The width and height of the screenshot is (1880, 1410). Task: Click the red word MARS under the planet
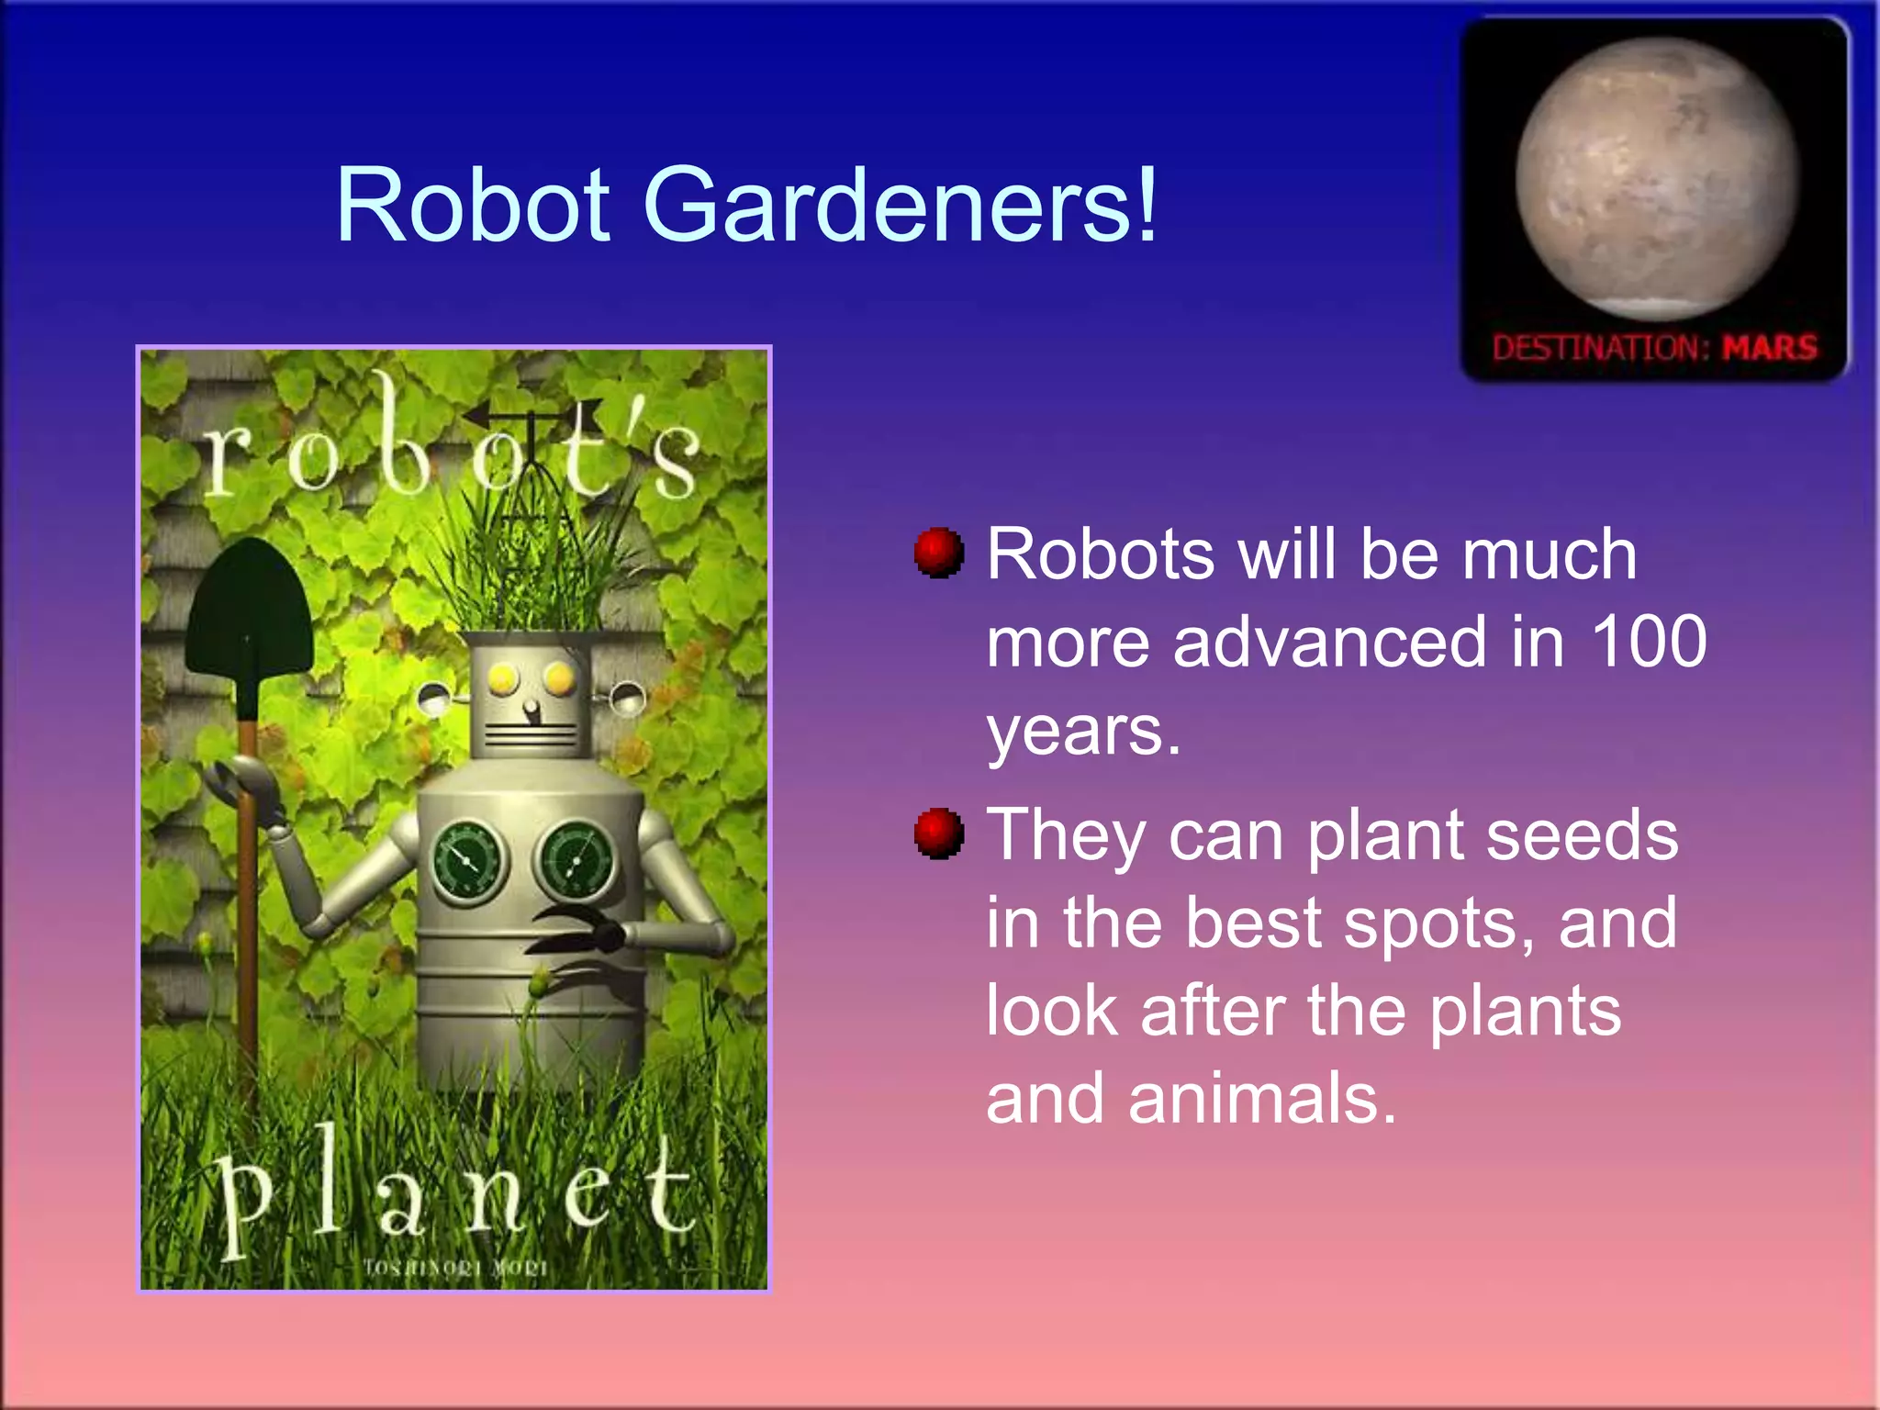[x=1769, y=348]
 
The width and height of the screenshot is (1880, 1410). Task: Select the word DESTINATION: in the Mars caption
[x=1600, y=348]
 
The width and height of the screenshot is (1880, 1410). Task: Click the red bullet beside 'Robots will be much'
[x=938, y=553]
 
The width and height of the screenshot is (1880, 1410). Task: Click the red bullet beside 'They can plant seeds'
[x=938, y=833]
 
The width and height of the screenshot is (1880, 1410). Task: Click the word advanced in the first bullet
[x=1328, y=641]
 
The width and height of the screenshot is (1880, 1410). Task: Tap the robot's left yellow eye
[x=502, y=679]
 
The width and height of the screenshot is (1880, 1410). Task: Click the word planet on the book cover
[x=454, y=1193]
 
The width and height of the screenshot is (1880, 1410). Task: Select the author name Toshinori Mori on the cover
[x=455, y=1268]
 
